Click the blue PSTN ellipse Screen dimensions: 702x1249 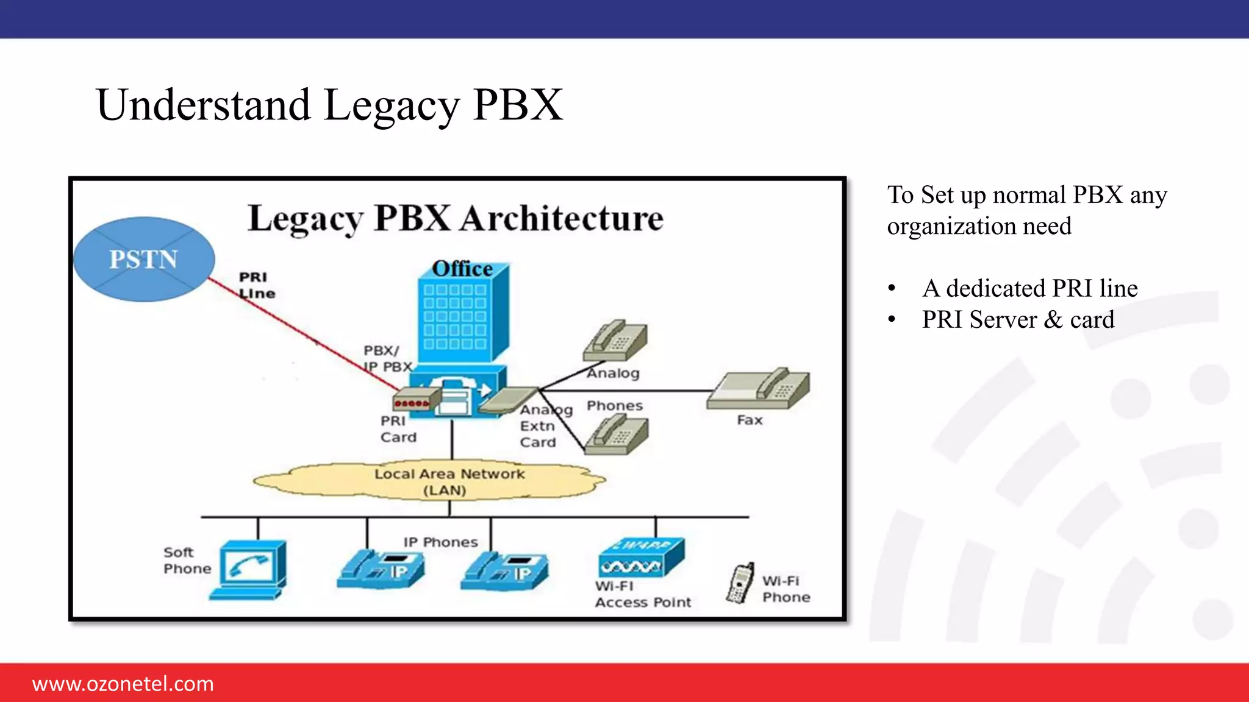point(144,259)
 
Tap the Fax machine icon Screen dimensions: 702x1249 point(759,390)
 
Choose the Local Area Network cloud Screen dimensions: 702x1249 point(429,481)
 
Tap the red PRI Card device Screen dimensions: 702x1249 point(416,401)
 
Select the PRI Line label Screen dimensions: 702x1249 point(257,285)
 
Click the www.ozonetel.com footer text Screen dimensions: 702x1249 point(123,684)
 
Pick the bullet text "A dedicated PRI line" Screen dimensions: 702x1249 point(1029,288)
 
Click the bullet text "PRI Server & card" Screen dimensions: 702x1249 point(1018,320)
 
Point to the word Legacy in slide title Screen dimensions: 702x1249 point(391,105)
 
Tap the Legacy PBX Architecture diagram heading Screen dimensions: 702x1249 point(456,218)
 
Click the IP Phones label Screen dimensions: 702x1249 point(440,542)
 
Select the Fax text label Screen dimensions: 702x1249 point(750,420)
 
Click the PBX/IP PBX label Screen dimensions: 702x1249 point(387,358)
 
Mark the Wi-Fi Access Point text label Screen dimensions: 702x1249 point(642,594)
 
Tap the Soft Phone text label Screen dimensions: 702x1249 point(187,560)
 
